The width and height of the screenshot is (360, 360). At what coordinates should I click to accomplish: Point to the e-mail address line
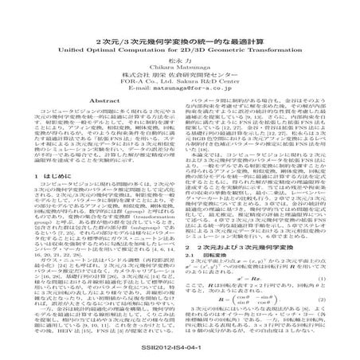click(180, 90)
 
